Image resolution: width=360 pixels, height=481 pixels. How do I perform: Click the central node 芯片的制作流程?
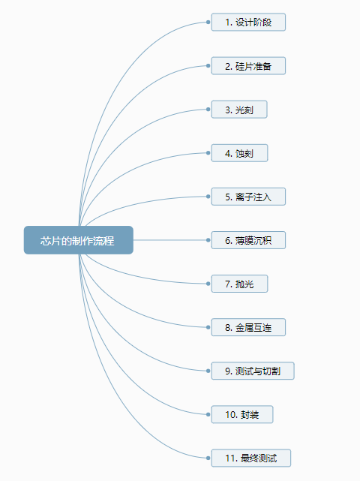(79, 240)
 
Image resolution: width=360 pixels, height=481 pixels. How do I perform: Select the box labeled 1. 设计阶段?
(248, 22)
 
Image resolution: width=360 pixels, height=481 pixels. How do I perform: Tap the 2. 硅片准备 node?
(248, 65)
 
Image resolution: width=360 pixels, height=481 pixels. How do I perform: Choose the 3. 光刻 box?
(239, 110)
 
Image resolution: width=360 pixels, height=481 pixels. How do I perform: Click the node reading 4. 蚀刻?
(239, 153)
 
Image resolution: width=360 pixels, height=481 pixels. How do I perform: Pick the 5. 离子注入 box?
(248, 197)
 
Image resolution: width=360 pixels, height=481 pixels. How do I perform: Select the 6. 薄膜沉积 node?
(248, 240)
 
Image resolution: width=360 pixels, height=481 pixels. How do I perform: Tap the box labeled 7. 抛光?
(239, 284)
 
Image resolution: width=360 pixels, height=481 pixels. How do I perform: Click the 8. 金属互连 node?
(248, 327)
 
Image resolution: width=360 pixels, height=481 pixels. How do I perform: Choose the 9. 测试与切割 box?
(253, 371)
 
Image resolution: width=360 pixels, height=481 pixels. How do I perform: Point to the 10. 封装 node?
(242, 414)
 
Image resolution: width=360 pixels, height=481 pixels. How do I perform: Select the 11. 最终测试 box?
(251, 458)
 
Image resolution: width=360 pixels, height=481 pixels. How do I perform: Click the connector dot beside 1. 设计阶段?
(208, 22)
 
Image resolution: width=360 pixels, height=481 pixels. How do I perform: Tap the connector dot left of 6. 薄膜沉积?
(208, 240)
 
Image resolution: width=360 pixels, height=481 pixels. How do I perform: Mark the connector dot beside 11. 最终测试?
(208, 458)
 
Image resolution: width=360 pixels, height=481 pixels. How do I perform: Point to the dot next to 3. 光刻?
(208, 110)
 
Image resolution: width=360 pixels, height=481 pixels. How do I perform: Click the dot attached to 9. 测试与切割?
(208, 371)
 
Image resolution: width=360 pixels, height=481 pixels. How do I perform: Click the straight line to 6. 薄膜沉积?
(170, 240)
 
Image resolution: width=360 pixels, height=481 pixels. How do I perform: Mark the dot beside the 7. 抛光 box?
(208, 284)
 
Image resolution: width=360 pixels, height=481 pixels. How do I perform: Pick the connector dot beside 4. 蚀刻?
(208, 153)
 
